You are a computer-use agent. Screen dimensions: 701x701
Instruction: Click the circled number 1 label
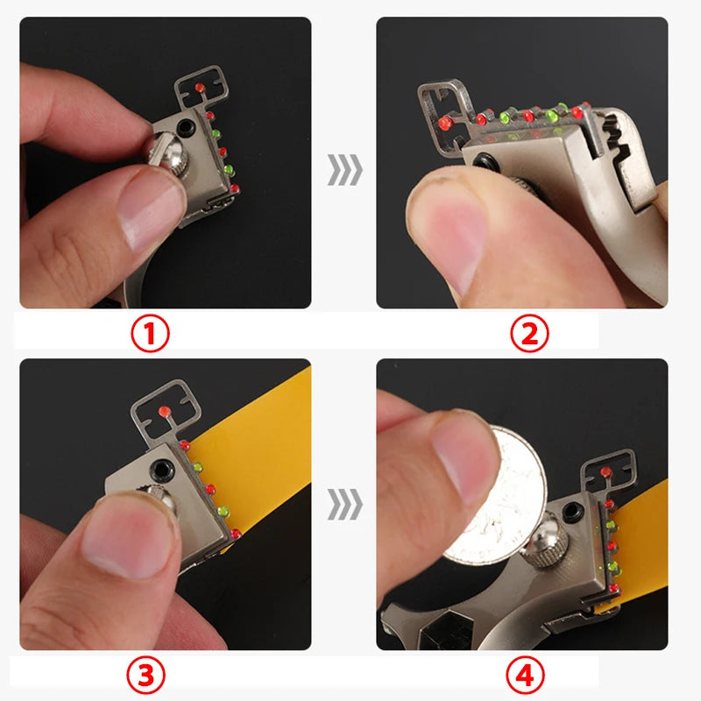pos(150,334)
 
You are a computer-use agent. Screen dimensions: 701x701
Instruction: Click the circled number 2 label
pos(530,334)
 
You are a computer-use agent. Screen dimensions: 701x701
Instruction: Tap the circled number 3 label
pos(145,675)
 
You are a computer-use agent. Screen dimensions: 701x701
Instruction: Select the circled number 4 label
pos(525,675)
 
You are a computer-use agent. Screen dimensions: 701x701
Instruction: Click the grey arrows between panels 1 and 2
pos(344,169)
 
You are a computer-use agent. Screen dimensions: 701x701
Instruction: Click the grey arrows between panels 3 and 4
pos(344,505)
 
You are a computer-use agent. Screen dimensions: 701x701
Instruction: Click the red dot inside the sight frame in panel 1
pos(200,87)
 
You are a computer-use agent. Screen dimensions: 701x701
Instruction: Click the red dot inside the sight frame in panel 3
pos(165,411)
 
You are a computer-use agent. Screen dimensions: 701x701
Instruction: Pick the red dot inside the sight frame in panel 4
pos(605,471)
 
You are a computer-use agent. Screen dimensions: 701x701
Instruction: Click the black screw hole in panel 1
pos(185,128)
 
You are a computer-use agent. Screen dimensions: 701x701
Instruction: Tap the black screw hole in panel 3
pos(161,471)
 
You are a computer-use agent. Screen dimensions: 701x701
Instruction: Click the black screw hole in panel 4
pos(572,513)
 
